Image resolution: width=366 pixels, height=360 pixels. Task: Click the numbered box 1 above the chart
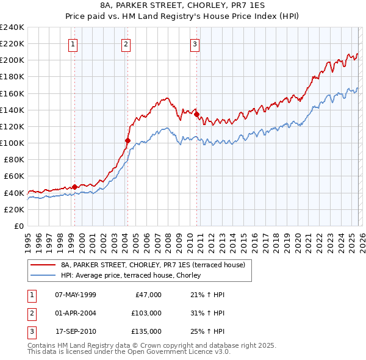point(73,43)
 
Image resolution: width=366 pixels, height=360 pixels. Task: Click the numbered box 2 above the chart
point(126,43)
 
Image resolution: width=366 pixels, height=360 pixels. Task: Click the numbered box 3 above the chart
point(195,43)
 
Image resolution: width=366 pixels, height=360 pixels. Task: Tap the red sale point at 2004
point(127,140)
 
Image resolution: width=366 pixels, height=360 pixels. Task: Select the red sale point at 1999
point(74,187)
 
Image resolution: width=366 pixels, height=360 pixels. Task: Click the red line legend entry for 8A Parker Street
point(152,265)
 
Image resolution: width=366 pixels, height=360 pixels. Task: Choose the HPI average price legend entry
point(135,276)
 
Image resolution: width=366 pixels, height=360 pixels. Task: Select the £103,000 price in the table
point(146,313)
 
